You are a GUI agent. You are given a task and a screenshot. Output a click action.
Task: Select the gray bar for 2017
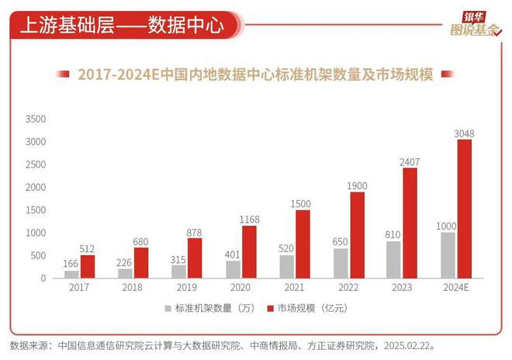[71, 274]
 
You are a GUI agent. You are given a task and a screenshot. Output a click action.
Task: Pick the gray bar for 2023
[394, 259]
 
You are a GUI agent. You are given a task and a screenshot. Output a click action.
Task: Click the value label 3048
[464, 133]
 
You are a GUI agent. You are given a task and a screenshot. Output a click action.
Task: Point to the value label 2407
[410, 162]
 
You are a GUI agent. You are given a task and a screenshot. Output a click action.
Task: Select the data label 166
[71, 264]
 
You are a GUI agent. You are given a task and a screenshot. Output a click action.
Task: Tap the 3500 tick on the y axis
[36, 119]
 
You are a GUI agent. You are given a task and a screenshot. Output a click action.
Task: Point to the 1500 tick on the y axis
[36, 210]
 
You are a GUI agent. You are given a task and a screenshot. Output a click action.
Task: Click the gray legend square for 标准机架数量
[168, 309]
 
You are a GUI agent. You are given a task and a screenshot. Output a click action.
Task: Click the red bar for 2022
[357, 234]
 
